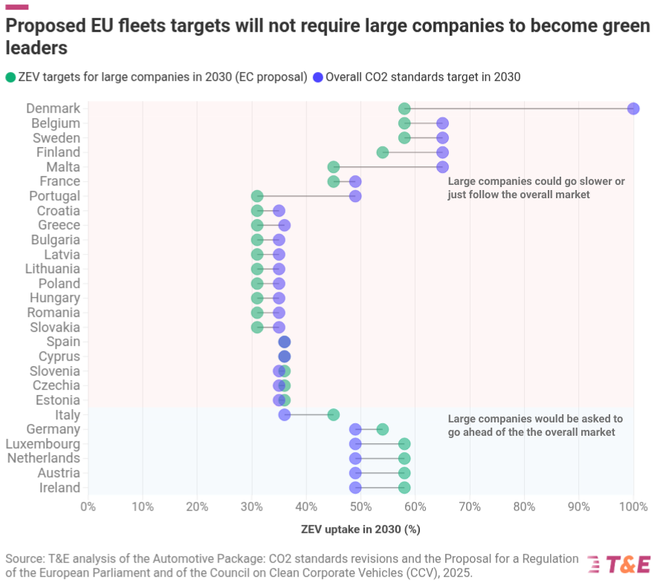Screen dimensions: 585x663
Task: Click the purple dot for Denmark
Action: coord(633,108)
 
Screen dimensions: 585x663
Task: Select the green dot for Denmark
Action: coord(404,108)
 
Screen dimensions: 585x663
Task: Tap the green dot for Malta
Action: coord(334,167)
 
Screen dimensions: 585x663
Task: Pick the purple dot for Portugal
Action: coord(355,196)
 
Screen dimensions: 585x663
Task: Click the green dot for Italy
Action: coord(334,415)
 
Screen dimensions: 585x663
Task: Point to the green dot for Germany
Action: coord(383,429)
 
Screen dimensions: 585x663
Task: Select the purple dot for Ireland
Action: coord(355,488)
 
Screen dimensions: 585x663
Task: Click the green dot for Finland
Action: coord(383,152)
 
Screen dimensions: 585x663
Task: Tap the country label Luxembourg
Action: coord(44,444)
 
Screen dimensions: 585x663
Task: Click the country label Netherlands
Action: coord(43,459)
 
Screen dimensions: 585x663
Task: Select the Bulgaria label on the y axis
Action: coord(55,240)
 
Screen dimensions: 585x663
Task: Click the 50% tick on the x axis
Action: coord(360,507)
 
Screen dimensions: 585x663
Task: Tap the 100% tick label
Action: coord(633,507)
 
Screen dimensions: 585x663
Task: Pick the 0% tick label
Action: coord(88,507)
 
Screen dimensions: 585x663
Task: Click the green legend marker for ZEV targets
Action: coord(10,77)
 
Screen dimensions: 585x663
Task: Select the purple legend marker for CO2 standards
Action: coord(318,77)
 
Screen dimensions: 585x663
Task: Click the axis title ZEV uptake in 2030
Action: coord(360,530)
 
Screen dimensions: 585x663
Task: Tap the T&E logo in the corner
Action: coord(619,564)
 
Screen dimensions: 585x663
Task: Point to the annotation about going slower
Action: coord(536,188)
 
